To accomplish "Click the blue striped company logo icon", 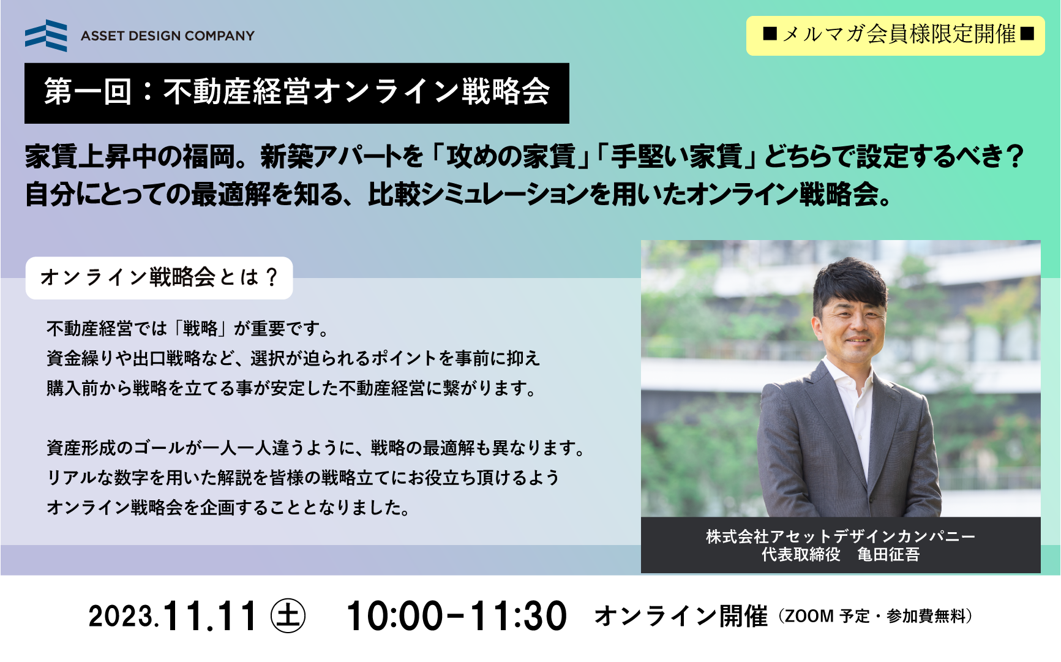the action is (46, 36).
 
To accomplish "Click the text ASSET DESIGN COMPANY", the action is (168, 36).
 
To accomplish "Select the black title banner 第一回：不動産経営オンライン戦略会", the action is (297, 93).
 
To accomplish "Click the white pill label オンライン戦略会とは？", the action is (159, 278).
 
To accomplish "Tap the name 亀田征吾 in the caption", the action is (888, 555).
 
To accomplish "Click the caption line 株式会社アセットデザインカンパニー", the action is (841, 536).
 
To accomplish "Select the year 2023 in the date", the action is (121, 617).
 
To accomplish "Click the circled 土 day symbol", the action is (288, 616).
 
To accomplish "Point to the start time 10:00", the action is (395, 616).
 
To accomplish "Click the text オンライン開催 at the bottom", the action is (681, 616).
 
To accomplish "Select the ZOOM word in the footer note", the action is (809, 616).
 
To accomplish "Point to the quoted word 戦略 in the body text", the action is (200, 329).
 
